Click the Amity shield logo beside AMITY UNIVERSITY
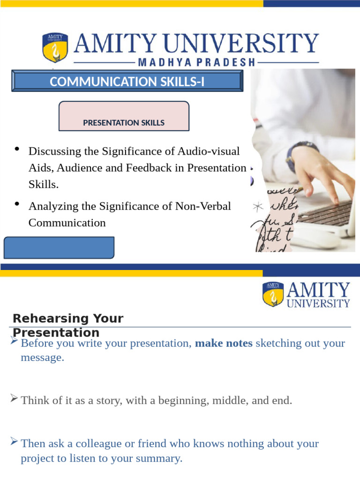(55, 47)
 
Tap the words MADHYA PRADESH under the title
(196, 62)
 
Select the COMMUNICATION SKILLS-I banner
(127, 82)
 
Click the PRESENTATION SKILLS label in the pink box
(124, 123)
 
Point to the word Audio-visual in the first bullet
(209, 151)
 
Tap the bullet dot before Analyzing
(17, 203)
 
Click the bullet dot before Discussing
(17, 149)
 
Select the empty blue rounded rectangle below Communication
(59, 247)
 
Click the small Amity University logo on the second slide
(306, 294)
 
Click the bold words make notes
(224, 343)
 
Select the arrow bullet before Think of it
(14, 399)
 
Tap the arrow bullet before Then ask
(14, 442)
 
